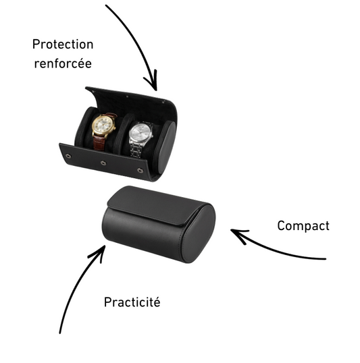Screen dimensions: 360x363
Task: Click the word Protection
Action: (63, 44)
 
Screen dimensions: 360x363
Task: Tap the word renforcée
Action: (63, 63)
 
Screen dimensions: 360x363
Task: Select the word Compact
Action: (303, 226)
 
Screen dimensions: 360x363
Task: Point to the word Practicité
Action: (132, 302)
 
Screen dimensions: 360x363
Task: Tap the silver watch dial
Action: (140, 134)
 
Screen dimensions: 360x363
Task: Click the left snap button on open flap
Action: (68, 156)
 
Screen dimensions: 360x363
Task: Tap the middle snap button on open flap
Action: (103, 163)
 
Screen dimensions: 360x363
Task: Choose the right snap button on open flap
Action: (140, 171)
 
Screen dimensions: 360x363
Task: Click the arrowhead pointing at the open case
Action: (152, 80)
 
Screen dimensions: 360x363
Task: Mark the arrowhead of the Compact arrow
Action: (239, 235)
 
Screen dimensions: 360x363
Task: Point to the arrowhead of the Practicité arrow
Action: (99, 253)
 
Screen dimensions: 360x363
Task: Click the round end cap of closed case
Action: (199, 233)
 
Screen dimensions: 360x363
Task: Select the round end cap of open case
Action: (167, 147)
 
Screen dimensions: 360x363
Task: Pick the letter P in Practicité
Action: (107, 302)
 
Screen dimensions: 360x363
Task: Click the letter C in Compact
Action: (281, 225)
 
